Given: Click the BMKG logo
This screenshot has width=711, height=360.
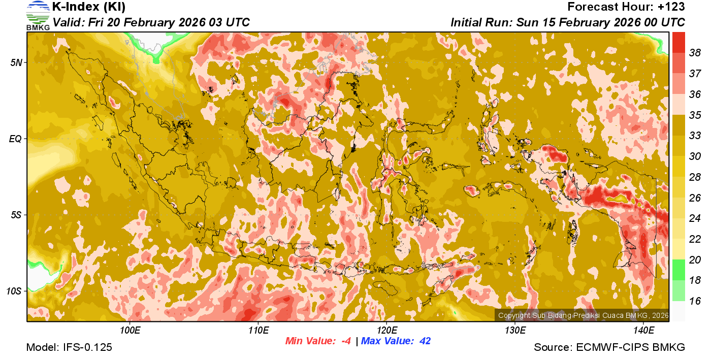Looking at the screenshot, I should (x=38, y=15).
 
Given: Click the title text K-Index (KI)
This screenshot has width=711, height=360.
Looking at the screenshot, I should (x=89, y=7).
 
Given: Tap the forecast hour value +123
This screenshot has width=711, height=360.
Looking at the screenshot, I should (x=671, y=7).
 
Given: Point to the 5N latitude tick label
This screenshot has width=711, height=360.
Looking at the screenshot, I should (x=16, y=62).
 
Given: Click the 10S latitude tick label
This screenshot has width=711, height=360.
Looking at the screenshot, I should (x=14, y=291).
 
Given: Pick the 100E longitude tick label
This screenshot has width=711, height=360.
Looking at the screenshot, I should (x=130, y=330).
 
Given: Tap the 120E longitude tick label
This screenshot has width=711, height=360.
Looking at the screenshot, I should (x=387, y=330).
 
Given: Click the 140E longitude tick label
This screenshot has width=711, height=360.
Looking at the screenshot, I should (x=644, y=330).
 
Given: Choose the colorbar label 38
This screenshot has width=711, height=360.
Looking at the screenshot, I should (x=695, y=53).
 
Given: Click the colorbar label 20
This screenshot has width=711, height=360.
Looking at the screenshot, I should (x=695, y=259).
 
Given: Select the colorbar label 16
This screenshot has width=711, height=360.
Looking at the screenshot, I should (x=695, y=301).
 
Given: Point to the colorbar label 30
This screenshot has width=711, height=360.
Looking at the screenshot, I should (x=695, y=156).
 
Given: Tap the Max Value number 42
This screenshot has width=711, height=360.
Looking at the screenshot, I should (x=425, y=341).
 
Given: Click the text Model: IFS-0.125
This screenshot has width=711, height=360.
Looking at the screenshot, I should (x=69, y=347).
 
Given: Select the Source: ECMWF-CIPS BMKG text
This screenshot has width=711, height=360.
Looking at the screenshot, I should (x=609, y=347).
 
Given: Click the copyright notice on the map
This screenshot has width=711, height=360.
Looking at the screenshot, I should (x=583, y=316).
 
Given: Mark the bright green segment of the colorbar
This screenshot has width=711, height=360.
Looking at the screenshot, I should (x=678, y=270).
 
